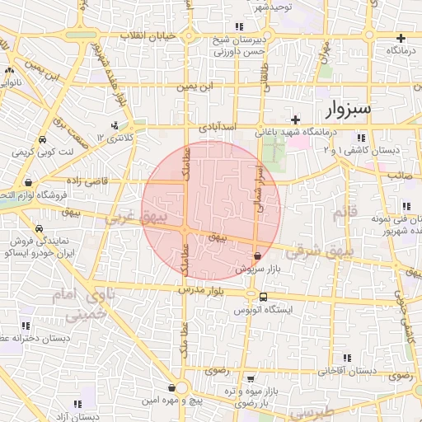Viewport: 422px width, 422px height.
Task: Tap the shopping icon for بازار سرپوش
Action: pos(258,256)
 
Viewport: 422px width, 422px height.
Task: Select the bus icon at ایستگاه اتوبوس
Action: pos(262,297)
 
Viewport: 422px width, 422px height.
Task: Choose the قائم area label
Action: pos(340,215)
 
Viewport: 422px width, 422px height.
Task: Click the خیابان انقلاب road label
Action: pos(148,36)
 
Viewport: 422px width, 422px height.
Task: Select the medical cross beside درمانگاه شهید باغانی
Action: pos(295,120)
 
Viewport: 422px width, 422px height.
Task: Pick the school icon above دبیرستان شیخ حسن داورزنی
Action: pos(237,27)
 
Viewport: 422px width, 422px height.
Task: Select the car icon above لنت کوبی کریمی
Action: pos(42,139)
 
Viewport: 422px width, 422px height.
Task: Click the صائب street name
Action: pos(401,175)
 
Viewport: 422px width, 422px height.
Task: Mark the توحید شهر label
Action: pos(273,6)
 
